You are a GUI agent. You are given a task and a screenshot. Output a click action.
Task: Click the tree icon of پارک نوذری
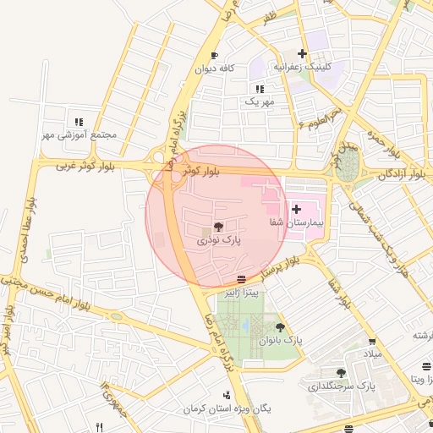coord(219,227)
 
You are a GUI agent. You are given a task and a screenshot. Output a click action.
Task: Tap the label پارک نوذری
coord(219,240)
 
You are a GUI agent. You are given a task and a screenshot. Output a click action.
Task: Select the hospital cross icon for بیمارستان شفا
coord(296,208)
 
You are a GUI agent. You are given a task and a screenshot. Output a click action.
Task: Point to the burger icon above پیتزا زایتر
coord(242,278)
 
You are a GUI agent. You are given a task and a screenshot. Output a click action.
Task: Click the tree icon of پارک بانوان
coord(280,327)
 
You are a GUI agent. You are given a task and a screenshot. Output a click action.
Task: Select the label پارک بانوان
coord(281,340)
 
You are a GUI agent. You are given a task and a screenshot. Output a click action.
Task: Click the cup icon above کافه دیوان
coord(214,55)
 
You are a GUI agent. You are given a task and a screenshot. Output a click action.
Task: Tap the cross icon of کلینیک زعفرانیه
coord(302,53)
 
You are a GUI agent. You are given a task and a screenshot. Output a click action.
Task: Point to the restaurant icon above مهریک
coord(260,88)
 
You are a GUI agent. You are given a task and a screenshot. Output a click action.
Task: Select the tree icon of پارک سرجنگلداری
coord(342,372)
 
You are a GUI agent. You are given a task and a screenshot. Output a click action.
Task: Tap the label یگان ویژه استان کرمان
coord(229,408)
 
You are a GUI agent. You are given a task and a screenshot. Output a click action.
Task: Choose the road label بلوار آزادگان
coord(402,174)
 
